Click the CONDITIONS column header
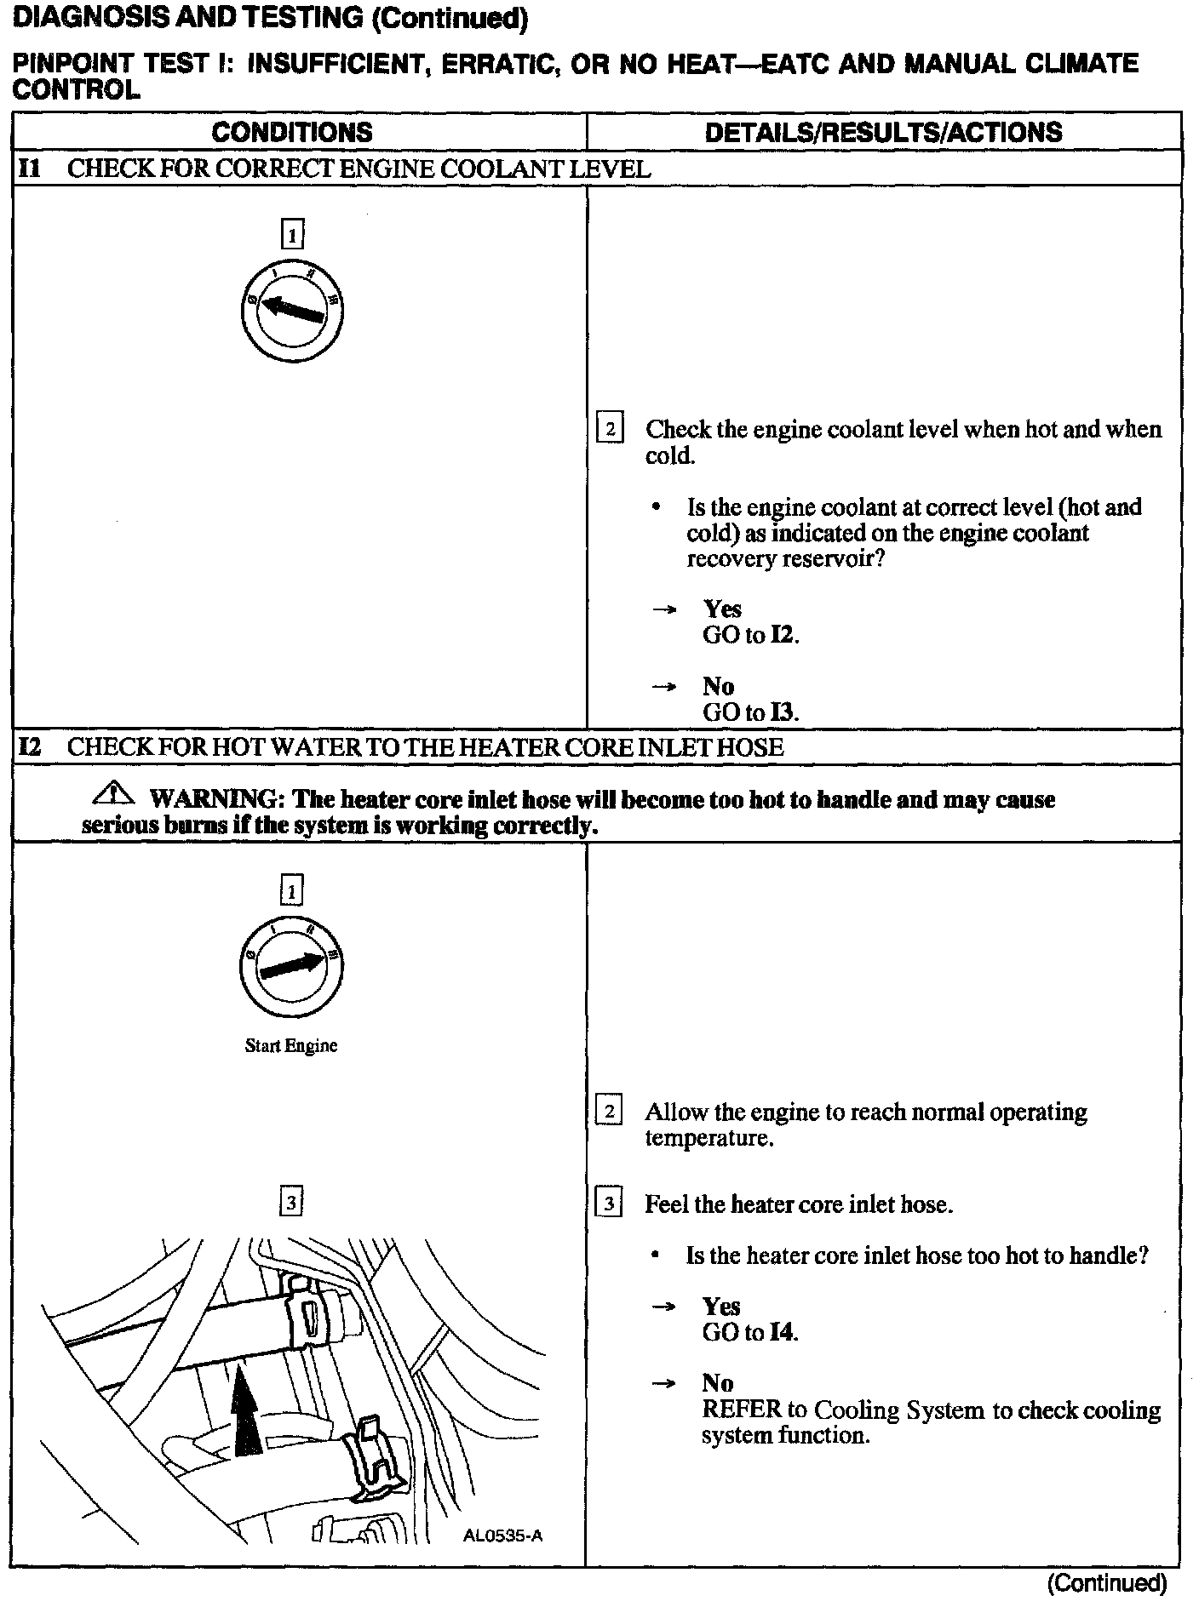coord(291,132)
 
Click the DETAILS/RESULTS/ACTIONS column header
coord(883,132)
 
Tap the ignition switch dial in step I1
coord(291,306)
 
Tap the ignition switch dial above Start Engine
coord(291,967)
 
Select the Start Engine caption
coord(290,1046)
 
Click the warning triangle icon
coord(114,796)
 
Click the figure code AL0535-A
coord(502,1536)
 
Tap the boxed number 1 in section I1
coord(291,233)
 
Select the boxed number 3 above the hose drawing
coord(291,1202)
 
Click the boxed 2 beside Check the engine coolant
coord(610,428)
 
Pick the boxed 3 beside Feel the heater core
coord(609,1204)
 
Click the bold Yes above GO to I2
coord(722,609)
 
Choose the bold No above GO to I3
coord(718,686)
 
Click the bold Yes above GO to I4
coord(721,1307)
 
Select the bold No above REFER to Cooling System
coord(717,1383)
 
